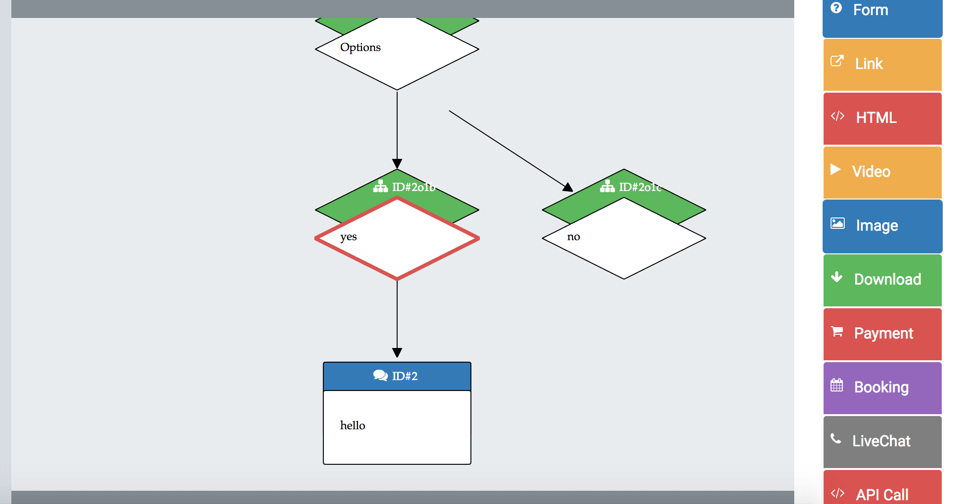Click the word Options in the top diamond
[360, 47]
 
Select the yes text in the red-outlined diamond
[348, 237]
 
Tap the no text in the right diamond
[573, 236]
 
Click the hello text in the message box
[353, 425]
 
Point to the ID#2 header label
[405, 376]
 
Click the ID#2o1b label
[414, 187]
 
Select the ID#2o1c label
[641, 187]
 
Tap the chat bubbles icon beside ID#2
[381, 375]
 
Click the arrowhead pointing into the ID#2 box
[397, 353]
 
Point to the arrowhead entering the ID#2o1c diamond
[568, 187]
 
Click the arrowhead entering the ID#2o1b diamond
[397, 164]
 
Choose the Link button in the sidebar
[883, 65]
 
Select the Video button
[883, 173]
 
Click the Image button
[883, 226]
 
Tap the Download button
[883, 280]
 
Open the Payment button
[883, 334]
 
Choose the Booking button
[883, 388]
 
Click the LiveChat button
[883, 442]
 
